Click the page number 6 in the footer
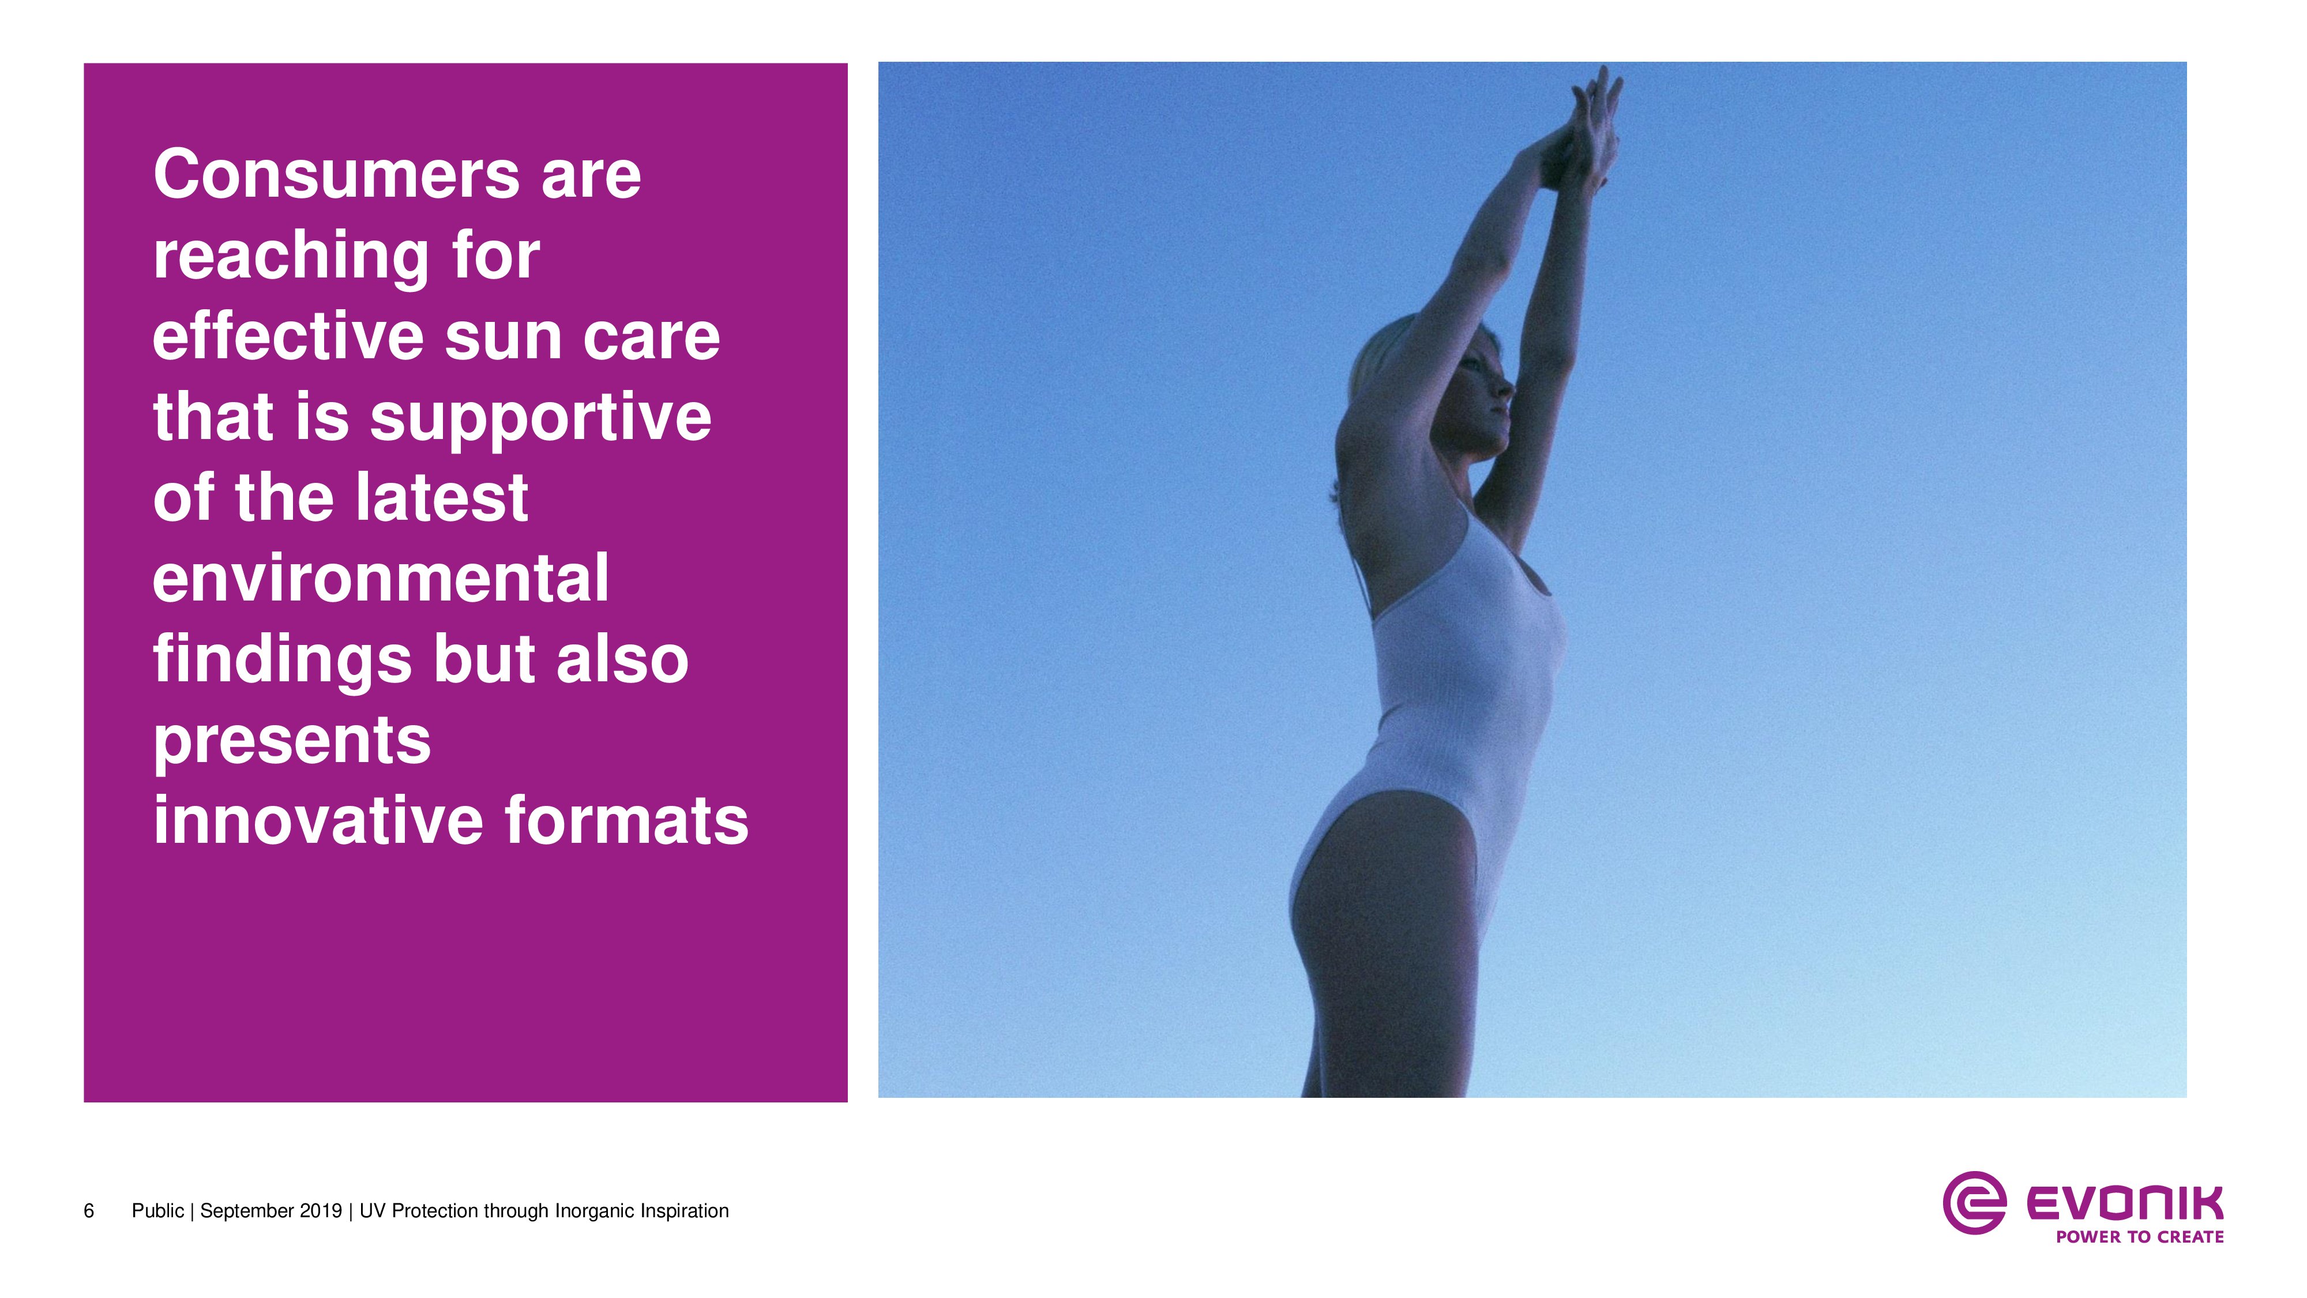(x=89, y=1211)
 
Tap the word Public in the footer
(x=157, y=1211)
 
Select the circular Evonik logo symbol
(x=1974, y=1202)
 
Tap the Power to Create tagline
(x=2140, y=1237)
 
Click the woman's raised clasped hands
(x=1591, y=134)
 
